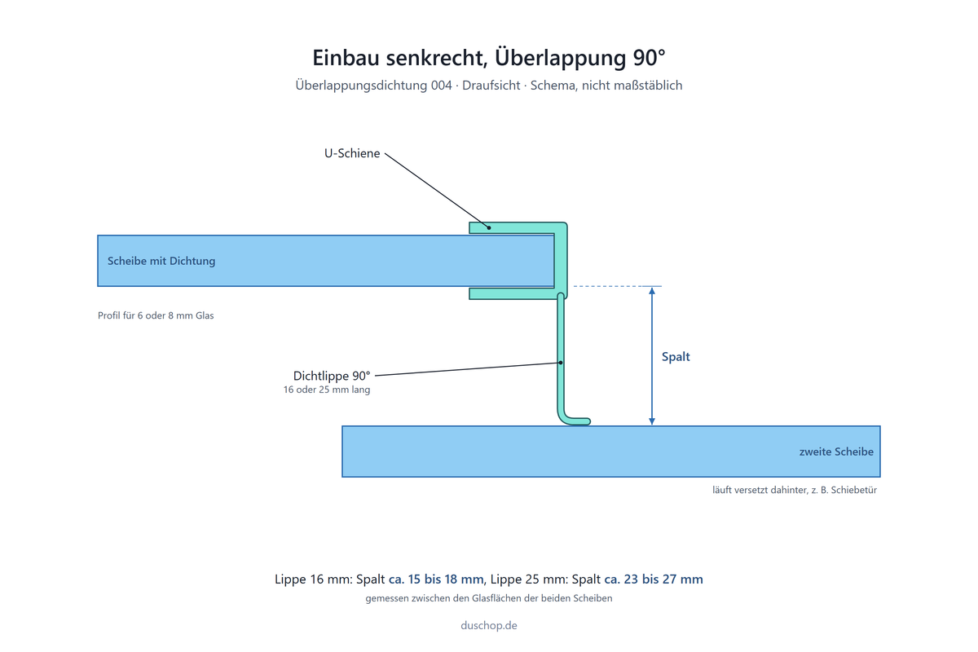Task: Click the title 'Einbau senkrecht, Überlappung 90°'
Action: pos(488,58)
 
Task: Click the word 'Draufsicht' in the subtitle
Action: pos(491,85)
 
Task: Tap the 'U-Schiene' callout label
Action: pos(352,153)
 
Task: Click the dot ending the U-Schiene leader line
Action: pos(489,227)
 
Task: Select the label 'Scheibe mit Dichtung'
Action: pos(161,261)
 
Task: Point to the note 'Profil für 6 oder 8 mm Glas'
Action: pos(156,315)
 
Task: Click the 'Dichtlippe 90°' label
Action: pos(332,376)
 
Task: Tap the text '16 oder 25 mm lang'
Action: pos(327,390)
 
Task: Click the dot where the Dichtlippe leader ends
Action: pos(561,363)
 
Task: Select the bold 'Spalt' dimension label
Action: pos(676,357)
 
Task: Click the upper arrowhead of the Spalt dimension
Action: pos(652,291)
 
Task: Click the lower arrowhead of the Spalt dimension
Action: pos(652,421)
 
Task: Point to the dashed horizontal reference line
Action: pos(618,286)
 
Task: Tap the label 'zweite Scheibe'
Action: pos(836,452)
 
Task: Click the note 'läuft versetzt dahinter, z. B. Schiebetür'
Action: pos(795,490)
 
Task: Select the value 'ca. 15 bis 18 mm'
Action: pos(436,579)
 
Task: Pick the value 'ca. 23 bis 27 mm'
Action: pos(654,579)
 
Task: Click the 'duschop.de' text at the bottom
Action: pos(488,625)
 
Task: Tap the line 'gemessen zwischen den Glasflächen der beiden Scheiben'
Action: pos(488,598)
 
